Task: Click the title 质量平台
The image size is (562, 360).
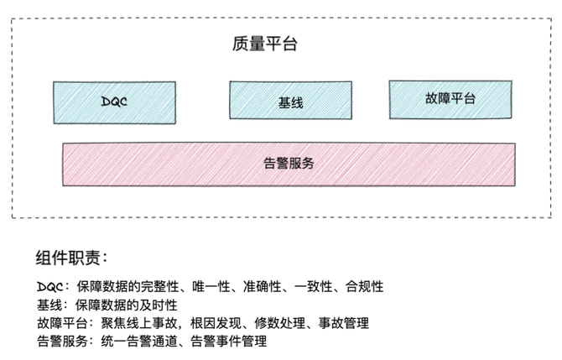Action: click(264, 44)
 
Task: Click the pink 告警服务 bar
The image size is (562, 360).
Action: click(289, 164)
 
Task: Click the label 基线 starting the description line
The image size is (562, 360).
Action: click(48, 305)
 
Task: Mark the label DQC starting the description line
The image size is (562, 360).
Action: click(49, 286)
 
